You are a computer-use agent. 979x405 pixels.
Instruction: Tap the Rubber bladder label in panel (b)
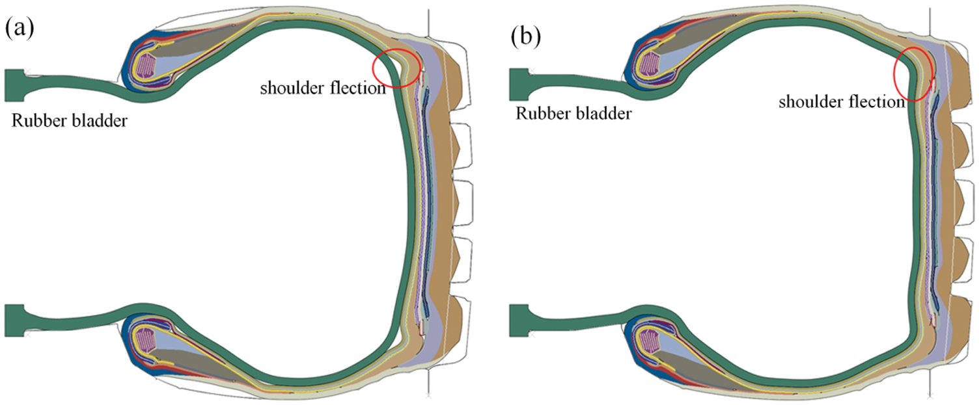[x=573, y=114]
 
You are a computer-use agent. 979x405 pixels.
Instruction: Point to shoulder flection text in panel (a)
[x=323, y=88]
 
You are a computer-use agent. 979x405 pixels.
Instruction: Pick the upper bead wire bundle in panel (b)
[x=649, y=66]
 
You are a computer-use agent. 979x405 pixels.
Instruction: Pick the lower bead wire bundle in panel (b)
[x=649, y=339]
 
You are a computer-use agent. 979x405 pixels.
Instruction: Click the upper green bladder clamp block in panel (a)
[x=16, y=85]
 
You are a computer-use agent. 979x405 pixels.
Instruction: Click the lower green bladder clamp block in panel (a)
[x=16, y=320]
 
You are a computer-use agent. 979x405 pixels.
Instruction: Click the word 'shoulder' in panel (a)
[x=289, y=88]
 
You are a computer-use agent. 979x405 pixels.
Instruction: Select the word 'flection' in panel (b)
[x=878, y=102]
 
